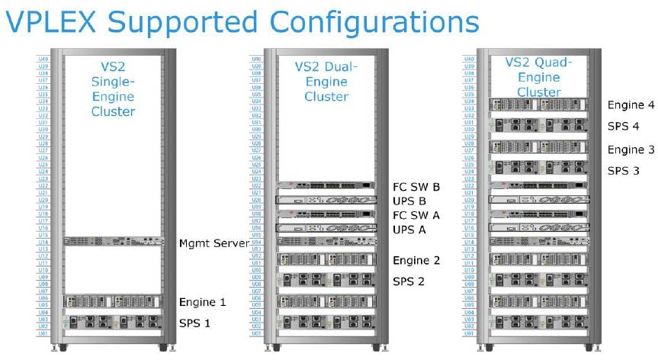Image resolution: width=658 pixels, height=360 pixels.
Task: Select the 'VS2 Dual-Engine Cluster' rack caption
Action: click(x=326, y=82)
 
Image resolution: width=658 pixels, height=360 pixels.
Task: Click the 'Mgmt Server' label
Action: click(x=214, y=243)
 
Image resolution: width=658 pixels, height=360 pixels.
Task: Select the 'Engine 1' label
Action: click(x=201, y=301)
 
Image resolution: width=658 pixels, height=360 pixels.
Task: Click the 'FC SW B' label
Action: click(x=415, y=186)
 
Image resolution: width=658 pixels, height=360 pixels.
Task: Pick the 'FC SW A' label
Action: click(x=415, y=215)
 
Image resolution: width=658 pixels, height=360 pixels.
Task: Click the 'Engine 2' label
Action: click(x=416, y=260)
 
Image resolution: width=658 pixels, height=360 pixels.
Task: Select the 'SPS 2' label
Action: click(x=409, y=281)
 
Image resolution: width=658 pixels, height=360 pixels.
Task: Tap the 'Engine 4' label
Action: click(x=631, y=104)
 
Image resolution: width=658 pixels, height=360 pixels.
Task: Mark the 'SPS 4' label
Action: click(x=624, y=126)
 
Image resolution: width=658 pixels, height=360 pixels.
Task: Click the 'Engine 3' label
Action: click(x=631, y=149)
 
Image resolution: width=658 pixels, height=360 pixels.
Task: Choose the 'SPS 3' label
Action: click(x=624, y=170)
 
